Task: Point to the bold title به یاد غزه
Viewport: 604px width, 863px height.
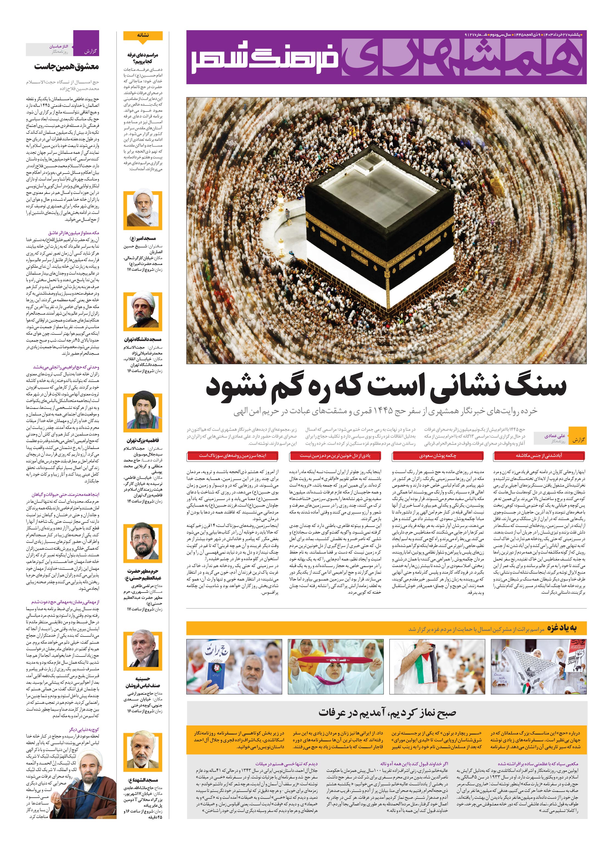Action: [x=561, y=629]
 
